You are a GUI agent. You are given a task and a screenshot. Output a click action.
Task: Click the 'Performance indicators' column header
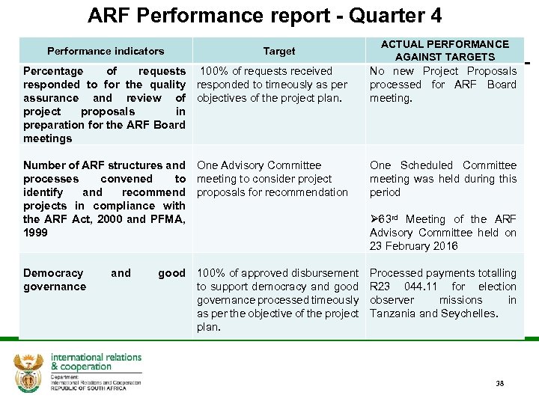coord(105,52)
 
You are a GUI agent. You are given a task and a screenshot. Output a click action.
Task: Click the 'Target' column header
coord(278,52)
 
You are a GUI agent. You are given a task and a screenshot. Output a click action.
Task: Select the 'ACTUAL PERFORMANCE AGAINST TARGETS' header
coord(445,50)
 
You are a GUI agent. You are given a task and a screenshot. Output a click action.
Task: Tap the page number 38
coord(499,383)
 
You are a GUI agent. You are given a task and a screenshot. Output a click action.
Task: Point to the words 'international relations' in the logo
coord(96,358)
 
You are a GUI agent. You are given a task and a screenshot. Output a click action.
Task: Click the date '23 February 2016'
coord(414,246)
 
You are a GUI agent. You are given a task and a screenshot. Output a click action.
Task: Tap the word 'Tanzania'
coord(393,313)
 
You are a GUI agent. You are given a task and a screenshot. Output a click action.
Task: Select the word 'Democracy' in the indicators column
coord(53,273)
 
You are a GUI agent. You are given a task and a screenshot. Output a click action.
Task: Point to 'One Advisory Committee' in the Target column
coord(259,165)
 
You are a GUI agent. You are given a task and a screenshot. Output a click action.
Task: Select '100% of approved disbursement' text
coord(277,273)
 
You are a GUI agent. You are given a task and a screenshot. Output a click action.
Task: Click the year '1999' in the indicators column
coord(35,233)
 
